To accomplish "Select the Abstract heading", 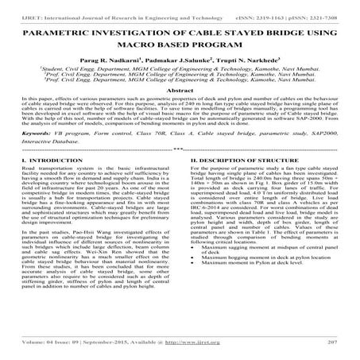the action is click(x=180, y=113).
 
